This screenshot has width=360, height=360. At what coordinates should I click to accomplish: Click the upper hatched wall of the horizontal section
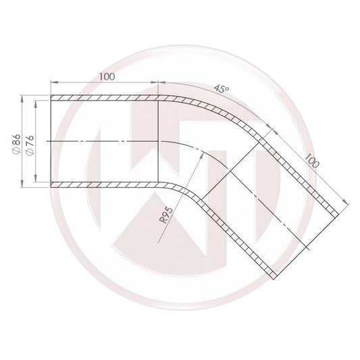[105, 97]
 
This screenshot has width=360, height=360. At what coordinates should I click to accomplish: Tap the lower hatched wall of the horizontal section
[105, 185]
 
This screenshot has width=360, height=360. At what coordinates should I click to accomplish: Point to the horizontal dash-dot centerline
[101, 141]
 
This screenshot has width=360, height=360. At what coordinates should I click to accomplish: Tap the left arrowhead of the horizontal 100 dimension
[55, 83]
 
